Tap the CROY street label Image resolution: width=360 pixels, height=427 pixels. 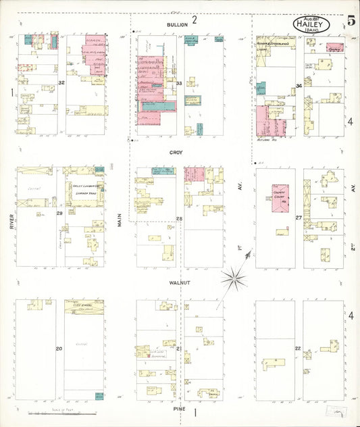tap(176, 153)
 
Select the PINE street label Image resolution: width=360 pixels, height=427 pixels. tap(179, 409)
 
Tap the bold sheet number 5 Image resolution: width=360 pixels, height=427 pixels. tap(351, 20)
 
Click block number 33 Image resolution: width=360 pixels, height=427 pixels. tap(179, 83)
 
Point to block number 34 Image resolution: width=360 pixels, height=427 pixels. tap(298, 86)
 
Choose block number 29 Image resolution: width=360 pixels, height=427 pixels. tap(59, 214)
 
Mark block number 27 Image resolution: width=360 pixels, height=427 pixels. tap(298, 218)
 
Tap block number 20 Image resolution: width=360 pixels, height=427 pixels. tap(59, 349)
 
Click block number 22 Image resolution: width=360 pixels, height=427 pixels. tap(298, 348)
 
